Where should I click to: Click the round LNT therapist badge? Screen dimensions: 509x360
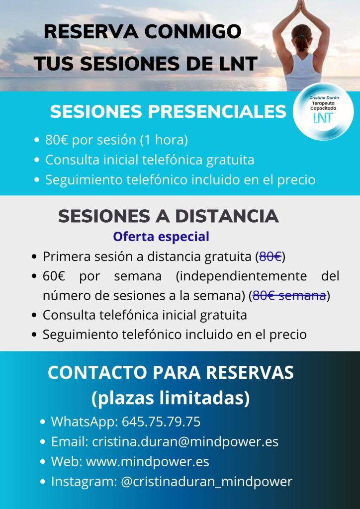click(x=324, y=111)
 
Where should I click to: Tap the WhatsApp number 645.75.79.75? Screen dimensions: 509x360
click(x=161, y=422)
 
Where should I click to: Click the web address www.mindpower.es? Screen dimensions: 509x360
click(x=148, y=461)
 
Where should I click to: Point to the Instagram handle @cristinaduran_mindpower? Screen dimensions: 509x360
click(x=206, y=481)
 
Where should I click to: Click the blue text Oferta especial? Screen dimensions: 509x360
click(x=161, y=236)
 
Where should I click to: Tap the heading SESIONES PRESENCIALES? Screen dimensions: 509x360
click(x=168, y=111)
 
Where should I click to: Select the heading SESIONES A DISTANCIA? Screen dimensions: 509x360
click(x=168, y=216)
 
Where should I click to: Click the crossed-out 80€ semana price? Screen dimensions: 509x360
click(x=289, y=296)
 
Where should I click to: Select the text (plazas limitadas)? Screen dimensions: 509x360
click(x=171, y=398)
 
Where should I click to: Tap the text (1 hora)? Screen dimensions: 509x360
click(x=164, y=140)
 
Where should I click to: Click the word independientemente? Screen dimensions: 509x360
click(x=241, y=276)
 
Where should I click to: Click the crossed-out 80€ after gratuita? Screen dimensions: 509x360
click(x=270, y=257)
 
